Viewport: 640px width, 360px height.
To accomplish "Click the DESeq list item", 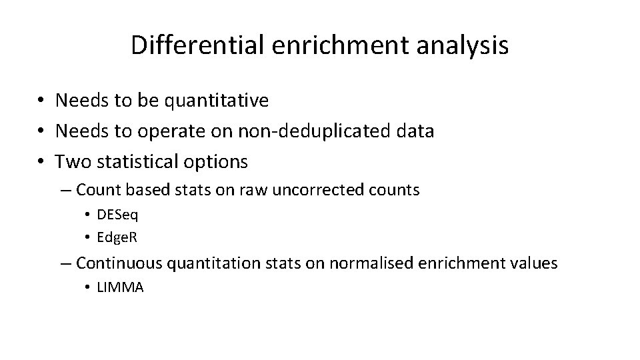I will click(x=117, y=215).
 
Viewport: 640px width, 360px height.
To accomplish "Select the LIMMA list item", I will click(x=120, y=287).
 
